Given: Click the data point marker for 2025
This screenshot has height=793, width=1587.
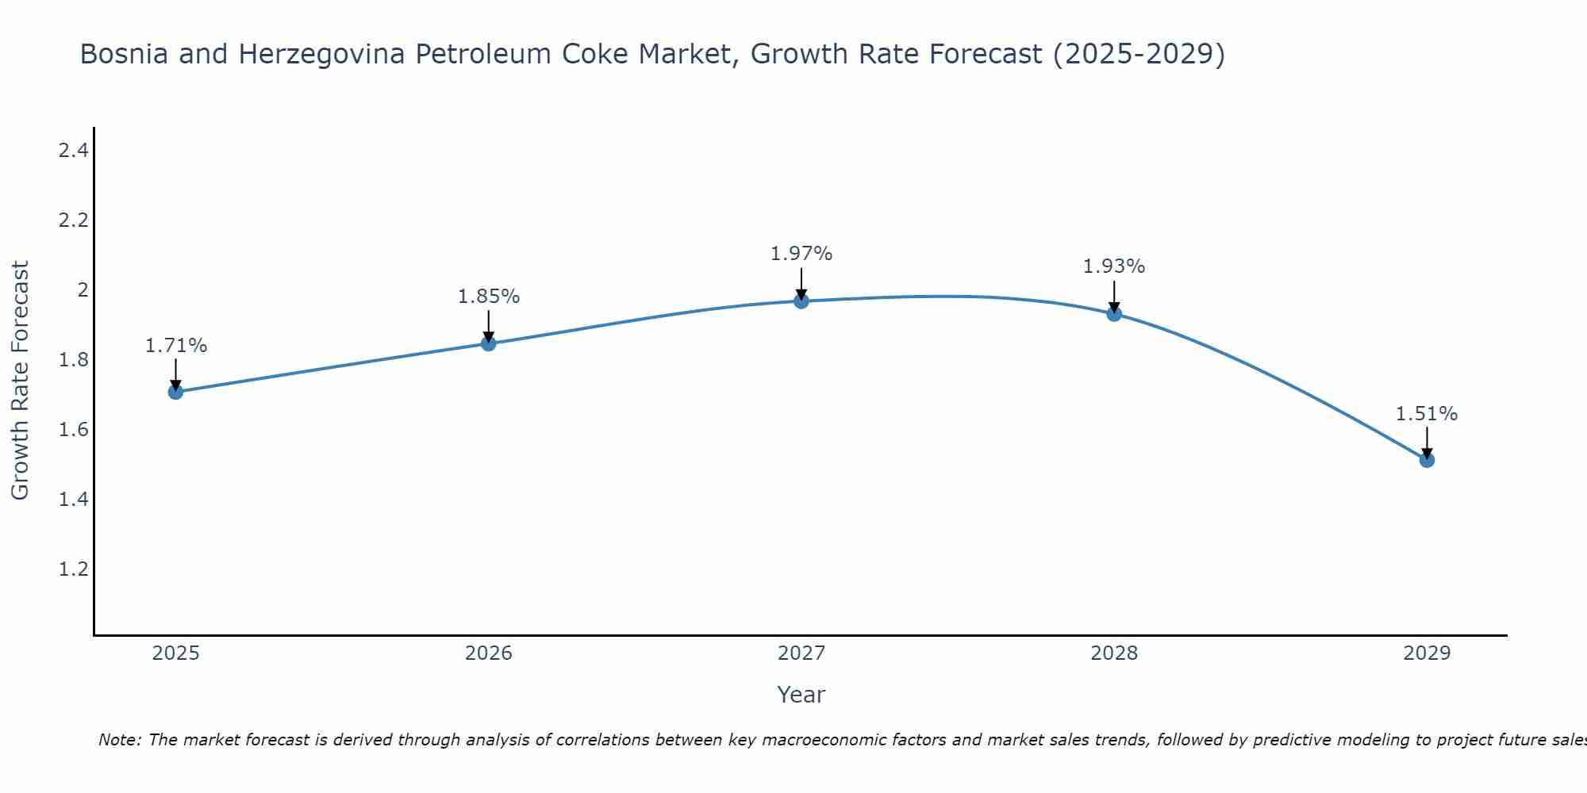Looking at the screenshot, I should (176, 392).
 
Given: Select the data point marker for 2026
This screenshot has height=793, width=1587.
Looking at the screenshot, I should (489, 343).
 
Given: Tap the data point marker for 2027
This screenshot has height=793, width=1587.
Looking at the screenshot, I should (801, 301).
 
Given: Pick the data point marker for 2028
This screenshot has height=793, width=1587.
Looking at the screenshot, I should (1114, 314).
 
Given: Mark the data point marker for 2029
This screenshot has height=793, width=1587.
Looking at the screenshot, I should (1427, 460).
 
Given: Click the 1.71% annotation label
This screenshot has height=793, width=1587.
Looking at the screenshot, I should (176, 346).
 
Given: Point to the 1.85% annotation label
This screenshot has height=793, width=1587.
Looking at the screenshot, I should (489, 297).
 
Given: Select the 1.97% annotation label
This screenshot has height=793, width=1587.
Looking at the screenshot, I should (801, 254).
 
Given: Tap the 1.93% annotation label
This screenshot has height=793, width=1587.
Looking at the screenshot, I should (1114, 266).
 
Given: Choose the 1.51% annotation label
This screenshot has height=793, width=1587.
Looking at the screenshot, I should (1427, 414).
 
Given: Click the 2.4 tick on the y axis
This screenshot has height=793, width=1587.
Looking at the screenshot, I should (73, 151).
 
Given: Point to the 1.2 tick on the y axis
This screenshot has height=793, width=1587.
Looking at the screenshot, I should (73, 569).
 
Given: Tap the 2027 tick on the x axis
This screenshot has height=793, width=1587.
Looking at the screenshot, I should (801, 653).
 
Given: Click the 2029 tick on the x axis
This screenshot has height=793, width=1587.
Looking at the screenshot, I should (1427, 653).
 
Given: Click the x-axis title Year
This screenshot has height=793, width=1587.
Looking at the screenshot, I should (801, 695).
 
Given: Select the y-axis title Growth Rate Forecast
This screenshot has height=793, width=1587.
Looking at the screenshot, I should (20, 381).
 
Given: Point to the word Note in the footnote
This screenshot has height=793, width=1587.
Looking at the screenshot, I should (119, 740).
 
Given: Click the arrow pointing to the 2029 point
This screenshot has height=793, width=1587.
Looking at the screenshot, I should (1427, 442).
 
